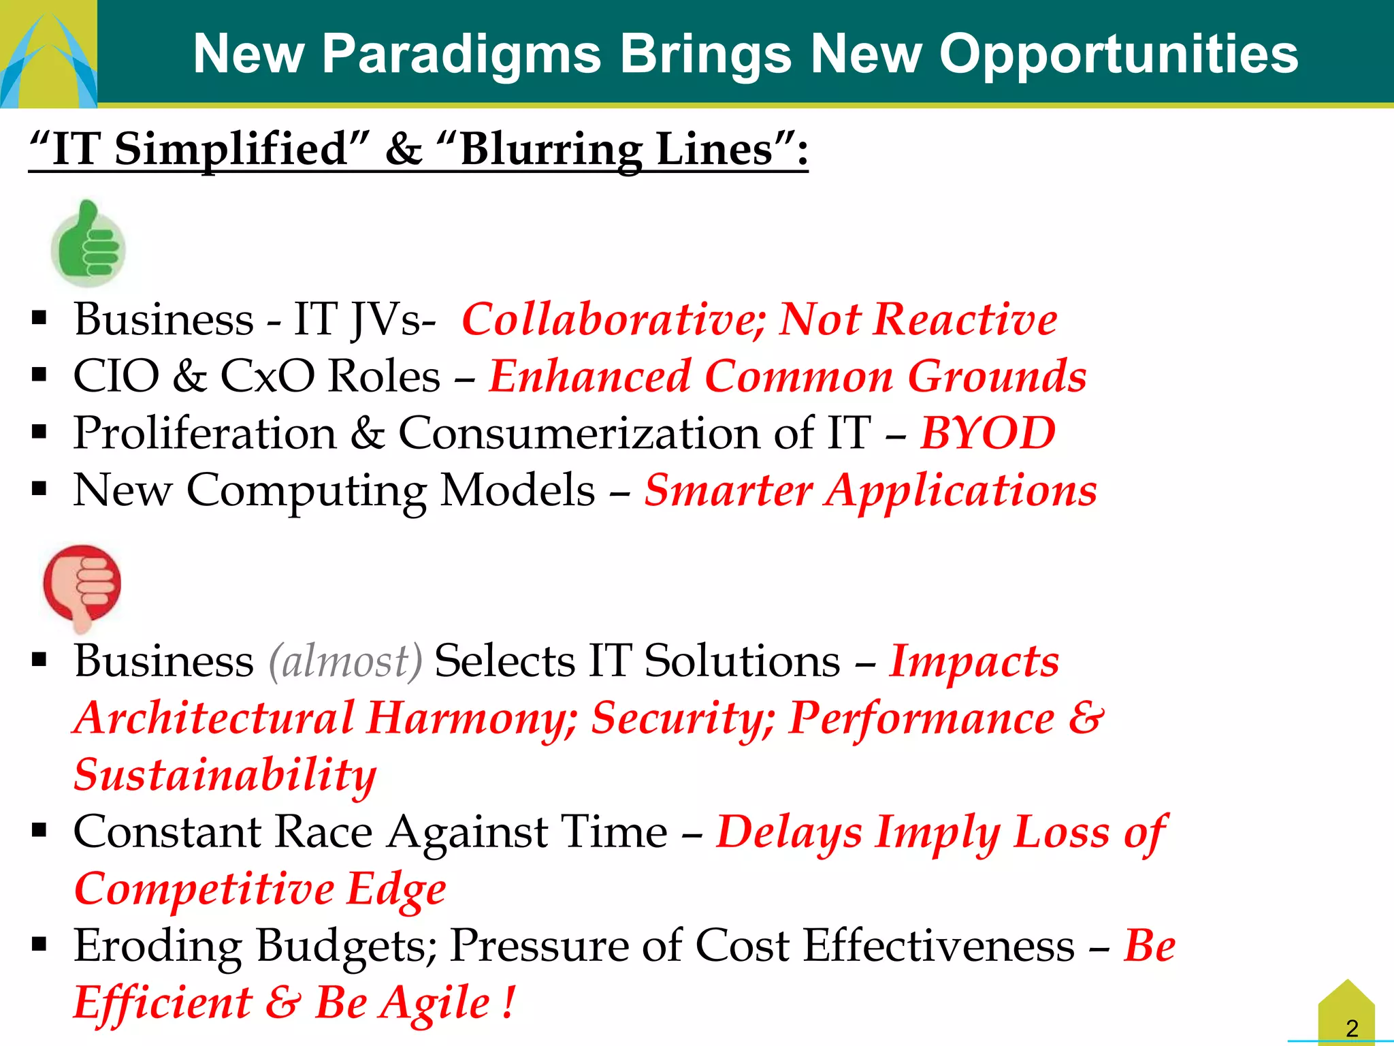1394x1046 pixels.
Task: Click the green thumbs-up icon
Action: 88,244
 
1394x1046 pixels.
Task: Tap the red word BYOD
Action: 987,434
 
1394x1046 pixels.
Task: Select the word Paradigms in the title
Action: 461,54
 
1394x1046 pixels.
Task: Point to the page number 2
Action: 1352,1028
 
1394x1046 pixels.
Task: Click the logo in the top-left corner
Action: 48,54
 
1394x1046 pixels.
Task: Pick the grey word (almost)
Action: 346,661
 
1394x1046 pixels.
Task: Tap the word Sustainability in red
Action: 225,776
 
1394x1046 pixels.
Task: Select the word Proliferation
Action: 205,434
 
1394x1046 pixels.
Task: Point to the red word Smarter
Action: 728,491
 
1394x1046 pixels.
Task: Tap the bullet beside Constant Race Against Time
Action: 39,830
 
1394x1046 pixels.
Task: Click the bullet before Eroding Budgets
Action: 39,944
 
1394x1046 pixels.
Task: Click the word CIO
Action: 116,377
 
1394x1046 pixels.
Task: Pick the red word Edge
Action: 396,889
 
